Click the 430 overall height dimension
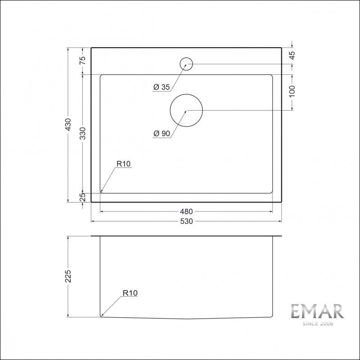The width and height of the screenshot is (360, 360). click(68, 125)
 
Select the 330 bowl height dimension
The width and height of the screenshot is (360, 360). click(82, 133)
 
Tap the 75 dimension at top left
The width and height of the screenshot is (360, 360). click(82, 61)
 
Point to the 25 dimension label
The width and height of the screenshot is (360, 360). click(82, 197)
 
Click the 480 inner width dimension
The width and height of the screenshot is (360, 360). click(186, 211)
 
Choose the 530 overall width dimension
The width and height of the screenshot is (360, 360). click(186, 221)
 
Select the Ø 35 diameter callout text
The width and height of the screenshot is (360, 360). click(162, 87)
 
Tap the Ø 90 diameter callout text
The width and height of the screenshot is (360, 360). click(162, 134)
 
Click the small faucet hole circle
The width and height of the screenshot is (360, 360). click(186, 64)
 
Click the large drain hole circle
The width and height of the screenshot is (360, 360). click(186, 110)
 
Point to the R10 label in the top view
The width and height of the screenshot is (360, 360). click(123, 164)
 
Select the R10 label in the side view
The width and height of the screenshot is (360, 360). click(130, 293)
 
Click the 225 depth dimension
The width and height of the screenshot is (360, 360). click(68, 276)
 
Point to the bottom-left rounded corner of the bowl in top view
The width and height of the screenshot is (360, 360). click(101, 191)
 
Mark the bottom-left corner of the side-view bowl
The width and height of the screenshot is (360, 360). click(101, 316)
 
